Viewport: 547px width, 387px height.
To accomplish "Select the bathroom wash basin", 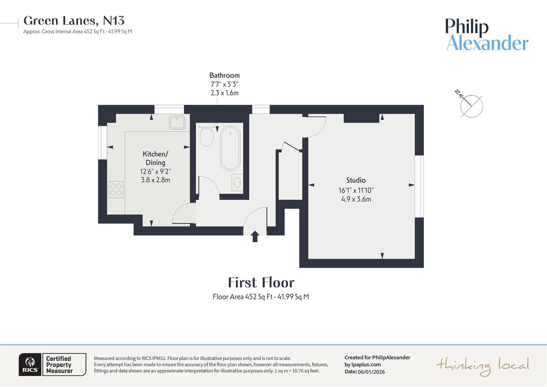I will coord(237,183).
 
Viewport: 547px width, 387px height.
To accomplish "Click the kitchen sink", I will coord(177,123).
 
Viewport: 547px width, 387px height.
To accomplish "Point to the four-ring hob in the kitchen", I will coord(116,190).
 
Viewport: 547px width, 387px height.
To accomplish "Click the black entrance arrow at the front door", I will coord(255,236).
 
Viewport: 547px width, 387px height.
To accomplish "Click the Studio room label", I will coord(356,180).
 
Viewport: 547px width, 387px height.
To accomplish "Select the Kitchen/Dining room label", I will coord(155,158).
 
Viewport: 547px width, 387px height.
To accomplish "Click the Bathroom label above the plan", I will coord(224,75).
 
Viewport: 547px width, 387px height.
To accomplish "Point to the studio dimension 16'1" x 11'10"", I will coord(356,190).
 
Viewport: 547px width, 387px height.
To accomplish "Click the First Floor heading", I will coord(261,283).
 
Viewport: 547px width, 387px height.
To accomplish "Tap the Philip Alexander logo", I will coord(487,35).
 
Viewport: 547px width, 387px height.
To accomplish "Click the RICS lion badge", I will coord(30,365).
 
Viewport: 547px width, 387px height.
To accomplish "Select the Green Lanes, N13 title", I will coord(74,21).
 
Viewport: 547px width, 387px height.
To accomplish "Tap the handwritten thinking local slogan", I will coord(482,366).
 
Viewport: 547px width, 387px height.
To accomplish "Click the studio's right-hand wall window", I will coord(419,186).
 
